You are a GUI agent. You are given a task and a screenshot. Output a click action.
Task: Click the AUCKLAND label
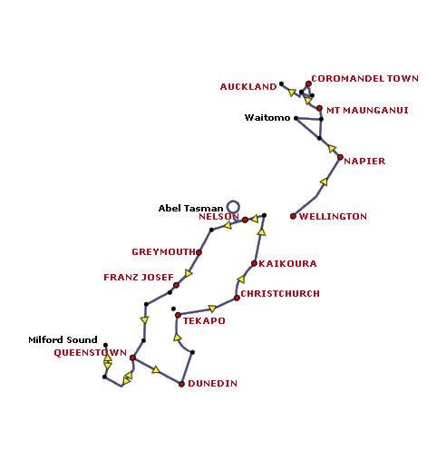point(248,87)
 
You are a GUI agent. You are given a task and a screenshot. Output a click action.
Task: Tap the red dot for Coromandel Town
point(308,83)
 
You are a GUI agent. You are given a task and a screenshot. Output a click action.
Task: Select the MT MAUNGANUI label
point(367,111)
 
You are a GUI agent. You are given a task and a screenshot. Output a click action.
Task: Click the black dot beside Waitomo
point(296,118)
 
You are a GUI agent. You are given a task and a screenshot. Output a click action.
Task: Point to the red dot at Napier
point(340,157)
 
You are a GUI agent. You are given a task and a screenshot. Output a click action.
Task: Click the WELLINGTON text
point(333,217)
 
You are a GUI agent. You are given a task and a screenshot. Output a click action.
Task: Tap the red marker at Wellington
point(293,216)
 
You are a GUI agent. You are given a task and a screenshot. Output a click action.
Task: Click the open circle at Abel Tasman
point(233,207)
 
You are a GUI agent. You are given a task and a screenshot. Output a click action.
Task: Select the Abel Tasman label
point(190,209)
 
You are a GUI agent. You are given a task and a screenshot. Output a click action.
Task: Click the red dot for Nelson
point(245,220)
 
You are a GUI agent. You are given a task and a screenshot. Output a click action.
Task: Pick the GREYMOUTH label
point(163,252)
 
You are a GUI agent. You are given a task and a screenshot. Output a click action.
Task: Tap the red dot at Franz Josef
point(176,285)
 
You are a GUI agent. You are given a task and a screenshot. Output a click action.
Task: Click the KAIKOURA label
point(287,264)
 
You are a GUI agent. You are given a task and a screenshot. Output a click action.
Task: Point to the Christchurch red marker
point(237,298)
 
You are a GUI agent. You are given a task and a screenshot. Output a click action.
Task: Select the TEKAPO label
point(204,321)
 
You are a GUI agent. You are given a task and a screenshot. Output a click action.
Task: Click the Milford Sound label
point(63,340)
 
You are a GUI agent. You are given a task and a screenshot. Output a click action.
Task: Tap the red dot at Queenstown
point(132,358)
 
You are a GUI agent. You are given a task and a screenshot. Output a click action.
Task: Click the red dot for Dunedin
point(181,384)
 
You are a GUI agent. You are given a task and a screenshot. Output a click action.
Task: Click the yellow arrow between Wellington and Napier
point(324,181)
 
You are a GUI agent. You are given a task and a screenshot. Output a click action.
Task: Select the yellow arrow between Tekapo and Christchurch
point(212,309)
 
